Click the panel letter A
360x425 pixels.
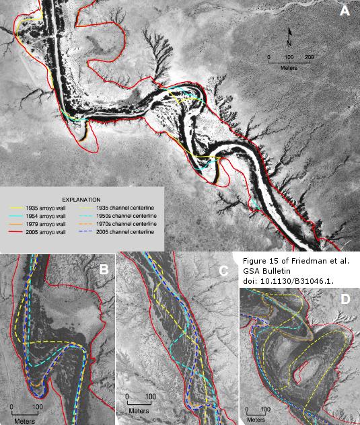345,11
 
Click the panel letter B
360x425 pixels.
104,270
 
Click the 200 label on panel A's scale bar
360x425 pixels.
309,58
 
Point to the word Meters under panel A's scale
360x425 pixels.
289,67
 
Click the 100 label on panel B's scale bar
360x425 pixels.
37,407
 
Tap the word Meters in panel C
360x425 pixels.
139,410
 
